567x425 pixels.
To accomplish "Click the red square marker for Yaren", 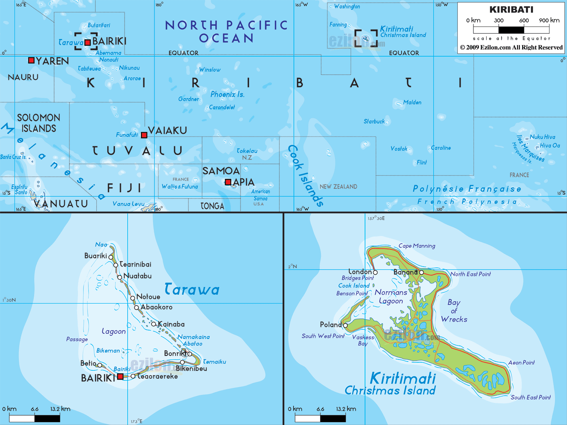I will (x=31, y=60).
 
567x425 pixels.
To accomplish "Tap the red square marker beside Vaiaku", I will (x=144, y=135).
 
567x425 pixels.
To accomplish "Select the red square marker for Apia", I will (x=228, y=182).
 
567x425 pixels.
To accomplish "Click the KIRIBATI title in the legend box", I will (x=511, y=10).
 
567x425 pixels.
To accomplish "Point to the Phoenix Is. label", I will (x=227, y=94).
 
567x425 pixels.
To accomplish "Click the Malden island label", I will (x=412, y=103).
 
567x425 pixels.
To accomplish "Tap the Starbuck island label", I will (x=374, y=121).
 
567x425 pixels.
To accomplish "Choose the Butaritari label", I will (x=99, y=25).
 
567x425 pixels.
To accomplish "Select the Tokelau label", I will (x=247, y=151).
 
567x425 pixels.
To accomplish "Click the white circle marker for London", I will (x=375, y=272).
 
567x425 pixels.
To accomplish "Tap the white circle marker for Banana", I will (x=421, y=272).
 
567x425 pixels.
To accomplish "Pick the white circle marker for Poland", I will (x=345, y=325).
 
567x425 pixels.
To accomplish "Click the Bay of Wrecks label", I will (x=454, y=311).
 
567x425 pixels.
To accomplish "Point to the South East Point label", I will (x=530, y=397).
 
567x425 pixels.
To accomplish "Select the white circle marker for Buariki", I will (x=111, y=257).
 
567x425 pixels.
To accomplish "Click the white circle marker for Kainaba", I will (x=153, y=324).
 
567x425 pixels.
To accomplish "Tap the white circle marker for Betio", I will (x=100, y=365).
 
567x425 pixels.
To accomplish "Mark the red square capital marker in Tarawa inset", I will (x=120, y=377).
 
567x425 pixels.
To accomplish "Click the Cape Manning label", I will (x=417, y=246).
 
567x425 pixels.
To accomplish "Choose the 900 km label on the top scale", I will (x=549, y=20).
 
